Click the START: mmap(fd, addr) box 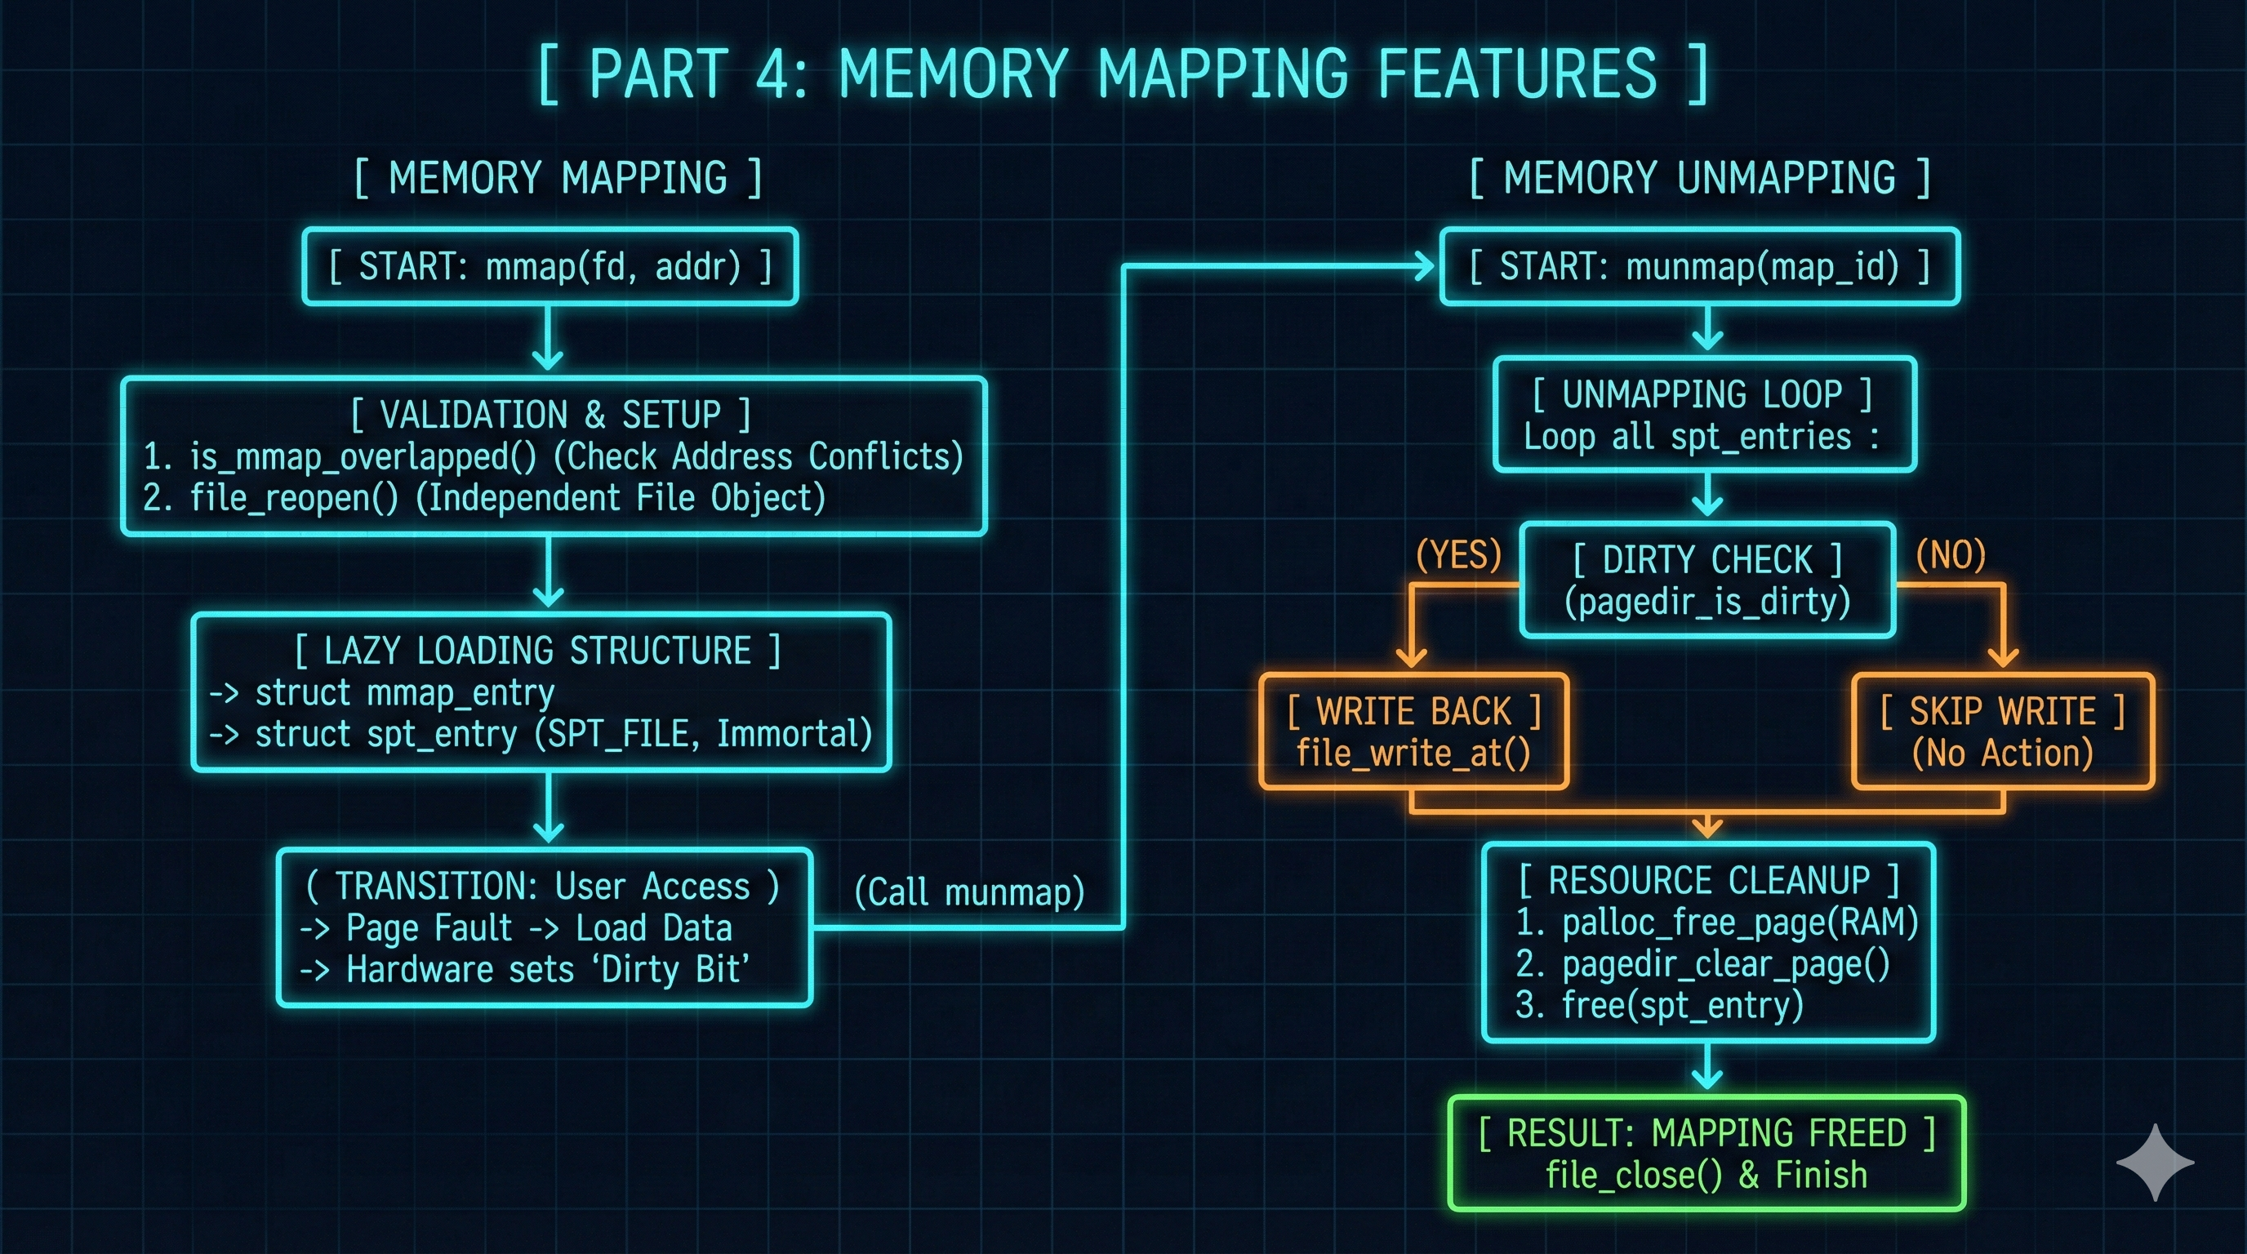click(x=550, y=266)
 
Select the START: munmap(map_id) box click(x=1699, y=266)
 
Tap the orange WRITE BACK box click(x=1413, y=731)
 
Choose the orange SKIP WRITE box click(x=2003, y=731)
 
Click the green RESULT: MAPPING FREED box click(x=1707, y=1153)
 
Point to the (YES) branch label click(x=1458, y=554)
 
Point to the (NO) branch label click(x=1951, y=554)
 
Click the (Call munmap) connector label click(x=968, y=892)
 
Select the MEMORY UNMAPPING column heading click(x=1699, y=178)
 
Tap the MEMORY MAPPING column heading click(x=558, y=178)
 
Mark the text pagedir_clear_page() click(x=1725, y=963)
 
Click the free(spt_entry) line click(x=1682, y=1006)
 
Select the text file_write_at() click(x=1413, y=753)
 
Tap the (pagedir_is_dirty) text click(x=1707, y=602)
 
